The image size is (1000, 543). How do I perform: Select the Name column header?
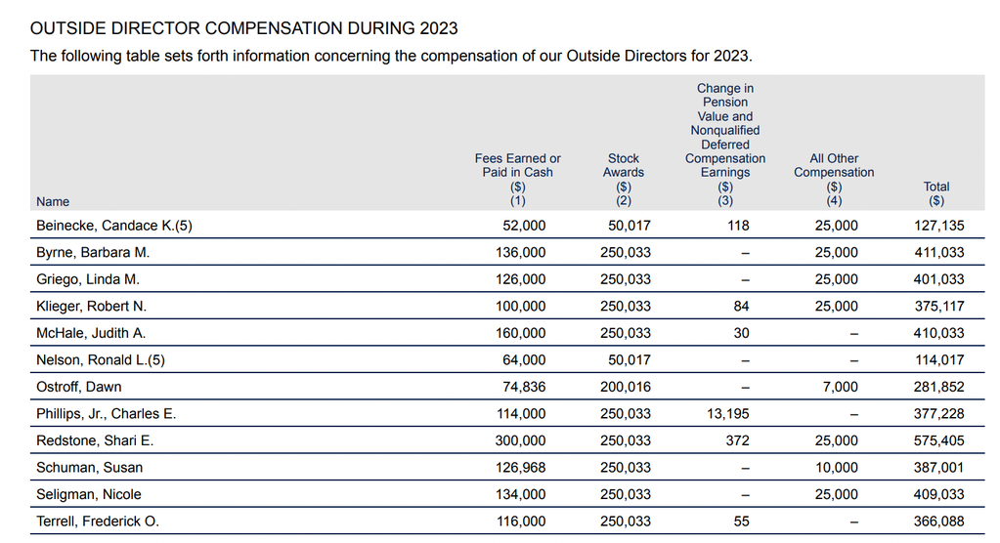53,201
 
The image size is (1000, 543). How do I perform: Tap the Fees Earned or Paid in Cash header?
518,179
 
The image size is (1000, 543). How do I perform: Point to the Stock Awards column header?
623,179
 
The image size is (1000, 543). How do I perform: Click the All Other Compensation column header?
834,179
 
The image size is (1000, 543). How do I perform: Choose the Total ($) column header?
936,193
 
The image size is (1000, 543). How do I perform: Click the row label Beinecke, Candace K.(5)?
114,226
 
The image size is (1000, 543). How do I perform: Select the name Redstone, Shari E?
95,440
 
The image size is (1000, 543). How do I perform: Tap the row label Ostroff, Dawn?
78,387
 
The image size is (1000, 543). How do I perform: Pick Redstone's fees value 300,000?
520,440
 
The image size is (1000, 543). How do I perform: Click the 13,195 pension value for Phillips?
727,414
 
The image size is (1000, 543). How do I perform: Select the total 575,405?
938,440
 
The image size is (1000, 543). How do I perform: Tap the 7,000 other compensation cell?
841,387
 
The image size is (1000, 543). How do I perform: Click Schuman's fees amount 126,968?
520,467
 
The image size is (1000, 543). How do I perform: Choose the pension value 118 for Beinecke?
739,226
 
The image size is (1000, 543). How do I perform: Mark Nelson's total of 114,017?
939,360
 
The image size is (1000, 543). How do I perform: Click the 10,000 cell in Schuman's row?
837,467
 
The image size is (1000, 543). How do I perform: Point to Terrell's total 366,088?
938,522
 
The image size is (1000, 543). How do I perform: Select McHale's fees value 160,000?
520,333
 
